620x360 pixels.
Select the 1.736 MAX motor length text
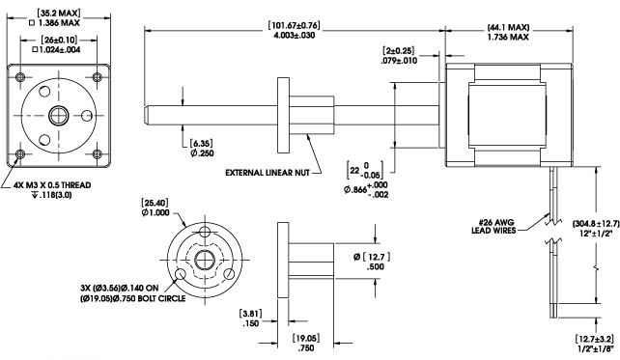tap(508, 37)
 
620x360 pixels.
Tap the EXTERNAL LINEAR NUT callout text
tap(268, 173)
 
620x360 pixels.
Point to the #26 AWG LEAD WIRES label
tap(493, 227)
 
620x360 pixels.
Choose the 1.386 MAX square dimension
tap(55, 23)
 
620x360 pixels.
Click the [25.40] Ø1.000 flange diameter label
tap(155, 208)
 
